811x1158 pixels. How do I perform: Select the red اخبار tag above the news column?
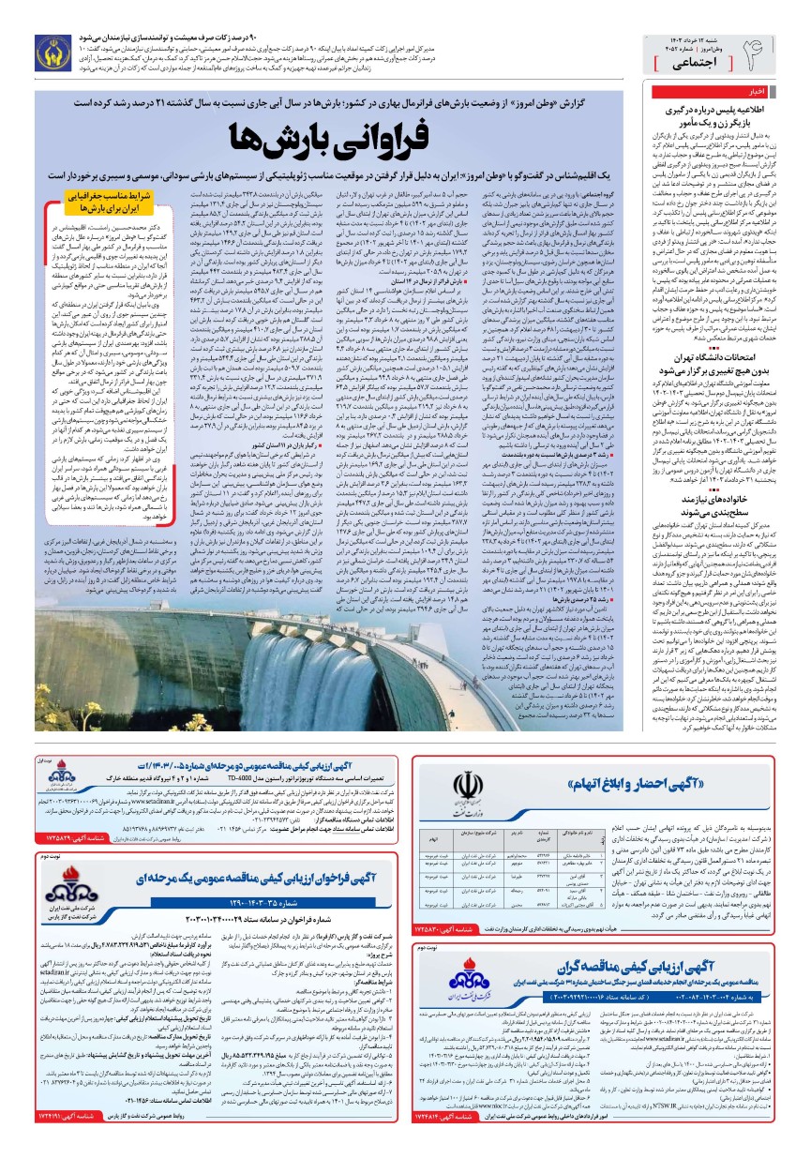point(751,92)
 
